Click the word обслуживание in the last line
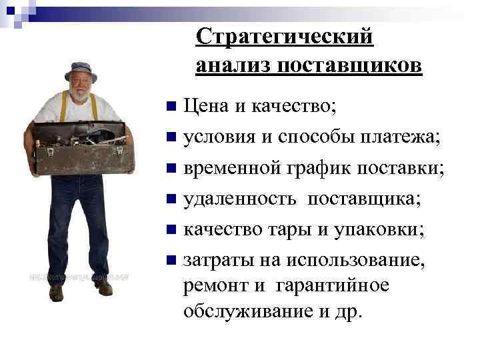tap(246, 311)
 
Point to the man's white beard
tap(80, 95)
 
